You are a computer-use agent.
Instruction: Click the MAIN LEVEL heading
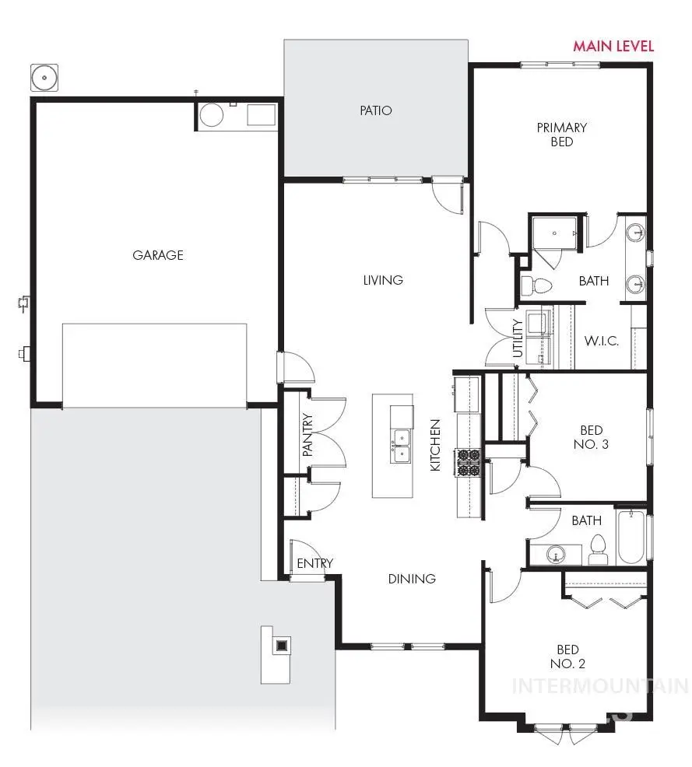tap(613, 46)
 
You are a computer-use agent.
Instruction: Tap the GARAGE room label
tap(157, 254)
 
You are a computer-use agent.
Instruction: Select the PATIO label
tap(375, 110)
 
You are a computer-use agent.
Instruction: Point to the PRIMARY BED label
tap(561, 134)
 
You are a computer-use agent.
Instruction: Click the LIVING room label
tap(383, 280)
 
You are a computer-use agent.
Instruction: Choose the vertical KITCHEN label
tap(436, 445)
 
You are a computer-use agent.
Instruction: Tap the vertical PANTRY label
tap(307, 434)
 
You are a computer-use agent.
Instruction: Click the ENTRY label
tap(314, 563)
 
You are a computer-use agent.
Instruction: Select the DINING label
tap(412, 579)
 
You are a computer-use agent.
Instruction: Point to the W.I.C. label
tap(601, 341)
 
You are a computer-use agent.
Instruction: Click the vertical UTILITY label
tap(518, 339)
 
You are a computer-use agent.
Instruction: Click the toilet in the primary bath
tap(536, 285)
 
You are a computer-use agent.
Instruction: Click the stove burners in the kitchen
tap(470, 462)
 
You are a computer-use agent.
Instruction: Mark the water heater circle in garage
tap(212, 116)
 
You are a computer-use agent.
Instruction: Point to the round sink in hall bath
tap(555, 555)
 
